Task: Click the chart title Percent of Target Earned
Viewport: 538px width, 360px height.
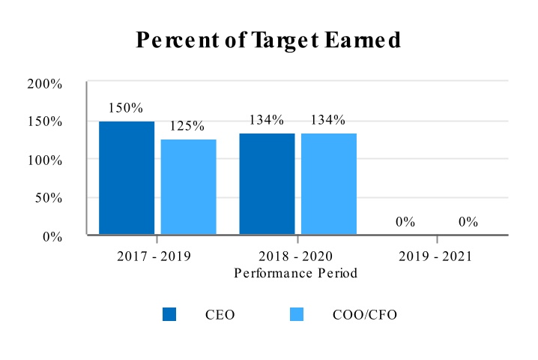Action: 268,40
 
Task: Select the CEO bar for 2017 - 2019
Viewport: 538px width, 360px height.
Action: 127,178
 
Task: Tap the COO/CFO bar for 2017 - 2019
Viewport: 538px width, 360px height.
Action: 188,187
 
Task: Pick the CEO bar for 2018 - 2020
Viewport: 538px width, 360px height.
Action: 267,184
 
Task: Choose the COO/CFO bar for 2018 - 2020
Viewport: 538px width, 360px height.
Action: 329,184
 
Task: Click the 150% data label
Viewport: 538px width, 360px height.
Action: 125,107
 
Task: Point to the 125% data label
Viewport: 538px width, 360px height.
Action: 187,126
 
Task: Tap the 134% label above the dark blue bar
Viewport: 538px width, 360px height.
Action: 267,120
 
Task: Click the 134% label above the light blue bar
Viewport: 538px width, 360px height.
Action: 328,120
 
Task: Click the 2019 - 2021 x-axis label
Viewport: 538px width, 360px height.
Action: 435,256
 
